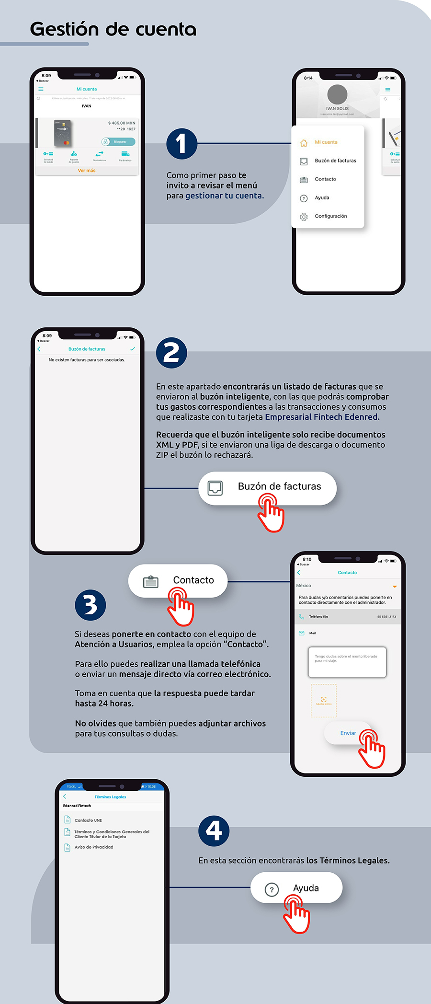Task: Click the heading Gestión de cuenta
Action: coord(113,29)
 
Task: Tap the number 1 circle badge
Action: coord(181,143)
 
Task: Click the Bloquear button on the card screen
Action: coord(118,142)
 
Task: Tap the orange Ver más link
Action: coord(87,171)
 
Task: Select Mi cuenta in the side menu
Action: coord(326,142)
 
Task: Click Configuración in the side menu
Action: coord(330,216)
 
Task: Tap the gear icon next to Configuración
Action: coord(304,217)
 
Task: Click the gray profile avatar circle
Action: coord(337,94)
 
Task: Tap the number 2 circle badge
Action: coord(171,353)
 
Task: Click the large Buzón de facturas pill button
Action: coord(268,487)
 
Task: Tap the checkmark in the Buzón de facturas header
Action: coord(133,349)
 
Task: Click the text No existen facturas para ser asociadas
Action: coord(87,360)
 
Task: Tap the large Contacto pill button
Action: coord(178,580)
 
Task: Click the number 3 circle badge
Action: coord(91,605)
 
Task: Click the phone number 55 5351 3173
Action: coord(386,617)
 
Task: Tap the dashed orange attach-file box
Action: coord(324,701)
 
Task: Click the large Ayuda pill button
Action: coord(296,888)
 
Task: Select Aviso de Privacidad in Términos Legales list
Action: coord(94,847)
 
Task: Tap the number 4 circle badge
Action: coord(214,831)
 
